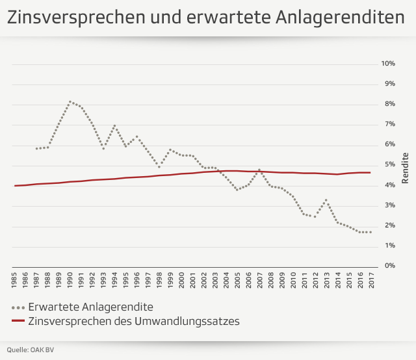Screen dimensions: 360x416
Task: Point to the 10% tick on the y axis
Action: pyautogui.click(x=388, y=64)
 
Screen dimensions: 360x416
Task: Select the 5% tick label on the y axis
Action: pyautogui.click(x=389, y=165)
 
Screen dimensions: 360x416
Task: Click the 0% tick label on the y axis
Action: pyautogui.click(x=389, y=266)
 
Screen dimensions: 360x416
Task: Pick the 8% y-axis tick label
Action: pyautogui.click(x=389, y=104)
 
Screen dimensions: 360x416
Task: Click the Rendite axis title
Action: pyautogui.click(x=405, y=165)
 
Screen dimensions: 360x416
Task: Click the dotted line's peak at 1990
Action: pyautogui.click(x=70, y=101)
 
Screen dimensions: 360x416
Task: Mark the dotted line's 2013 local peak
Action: pyautogui.click(x=326, y=199)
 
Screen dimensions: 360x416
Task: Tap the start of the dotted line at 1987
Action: pyautogui.click(x=37, y=149)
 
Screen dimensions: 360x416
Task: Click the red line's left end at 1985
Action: pyautogui.click(x=14, y=186)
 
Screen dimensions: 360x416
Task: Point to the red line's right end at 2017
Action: pyautogui.click(x=370, y=172)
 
